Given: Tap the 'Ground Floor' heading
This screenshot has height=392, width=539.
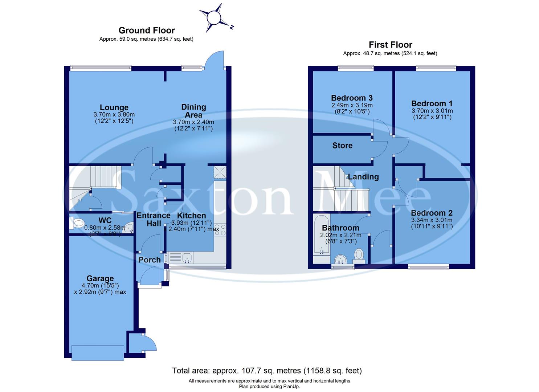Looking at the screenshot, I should coord(147,30).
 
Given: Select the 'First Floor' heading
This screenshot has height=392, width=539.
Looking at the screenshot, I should coord(391,45).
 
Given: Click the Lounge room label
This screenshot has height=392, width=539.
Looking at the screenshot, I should coord(114,107).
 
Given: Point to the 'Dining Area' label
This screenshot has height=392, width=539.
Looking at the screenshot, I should coord(193,111).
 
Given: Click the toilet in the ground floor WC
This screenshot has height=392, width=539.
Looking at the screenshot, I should coord(78,223).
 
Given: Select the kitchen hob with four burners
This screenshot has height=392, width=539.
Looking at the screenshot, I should coord(220,230).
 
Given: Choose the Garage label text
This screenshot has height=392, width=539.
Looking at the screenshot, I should coord(100,278).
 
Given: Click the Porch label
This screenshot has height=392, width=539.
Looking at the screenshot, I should coord(150,260).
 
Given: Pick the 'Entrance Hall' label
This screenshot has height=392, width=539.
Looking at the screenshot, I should coord(154,219).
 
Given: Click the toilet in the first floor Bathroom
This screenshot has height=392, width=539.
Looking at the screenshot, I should coord(359,254).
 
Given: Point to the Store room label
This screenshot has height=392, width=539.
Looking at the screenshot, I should coord(342,146).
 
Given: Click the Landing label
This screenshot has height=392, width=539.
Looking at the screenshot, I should coord(363,177).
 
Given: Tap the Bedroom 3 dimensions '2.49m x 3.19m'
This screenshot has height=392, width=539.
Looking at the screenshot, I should coord(352,105).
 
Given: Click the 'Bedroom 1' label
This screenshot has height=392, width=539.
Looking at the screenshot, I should coord(432,104).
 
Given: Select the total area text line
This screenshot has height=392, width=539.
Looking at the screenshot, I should coord(267,371).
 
